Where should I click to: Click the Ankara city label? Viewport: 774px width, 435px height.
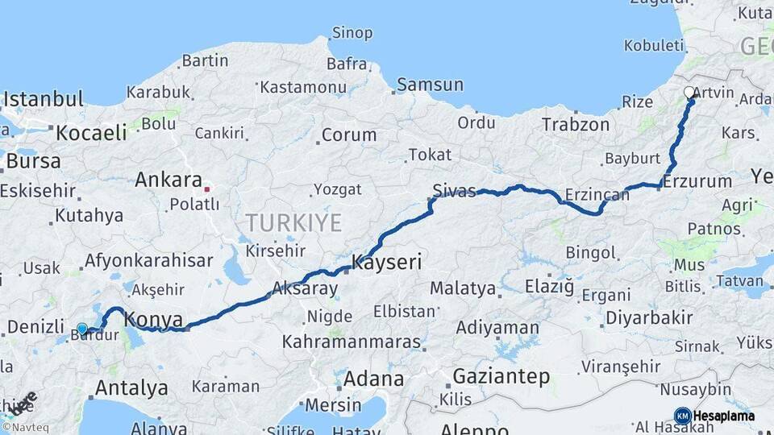click(168, 179)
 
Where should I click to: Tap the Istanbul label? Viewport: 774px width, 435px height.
click(44, 100)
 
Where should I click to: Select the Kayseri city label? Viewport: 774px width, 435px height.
click(386, 263)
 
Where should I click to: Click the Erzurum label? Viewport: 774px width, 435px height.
click(700, 181)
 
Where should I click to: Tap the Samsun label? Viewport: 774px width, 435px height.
click(431, 84)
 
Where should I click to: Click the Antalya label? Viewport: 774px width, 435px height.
click(131, 387)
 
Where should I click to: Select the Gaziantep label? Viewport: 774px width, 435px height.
click(501, 375)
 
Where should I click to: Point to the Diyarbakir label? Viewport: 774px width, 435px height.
click(648, 317)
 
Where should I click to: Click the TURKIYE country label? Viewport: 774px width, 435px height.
click(293, 222)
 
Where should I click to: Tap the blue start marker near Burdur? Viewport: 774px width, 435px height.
click(82, 329)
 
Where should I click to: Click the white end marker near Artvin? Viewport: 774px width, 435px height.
click(689, 93)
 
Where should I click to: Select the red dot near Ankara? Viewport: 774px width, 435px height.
click(207, 189)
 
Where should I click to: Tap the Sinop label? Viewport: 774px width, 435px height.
click(352, 33)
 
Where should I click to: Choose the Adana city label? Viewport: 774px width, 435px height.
click(374, 378)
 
